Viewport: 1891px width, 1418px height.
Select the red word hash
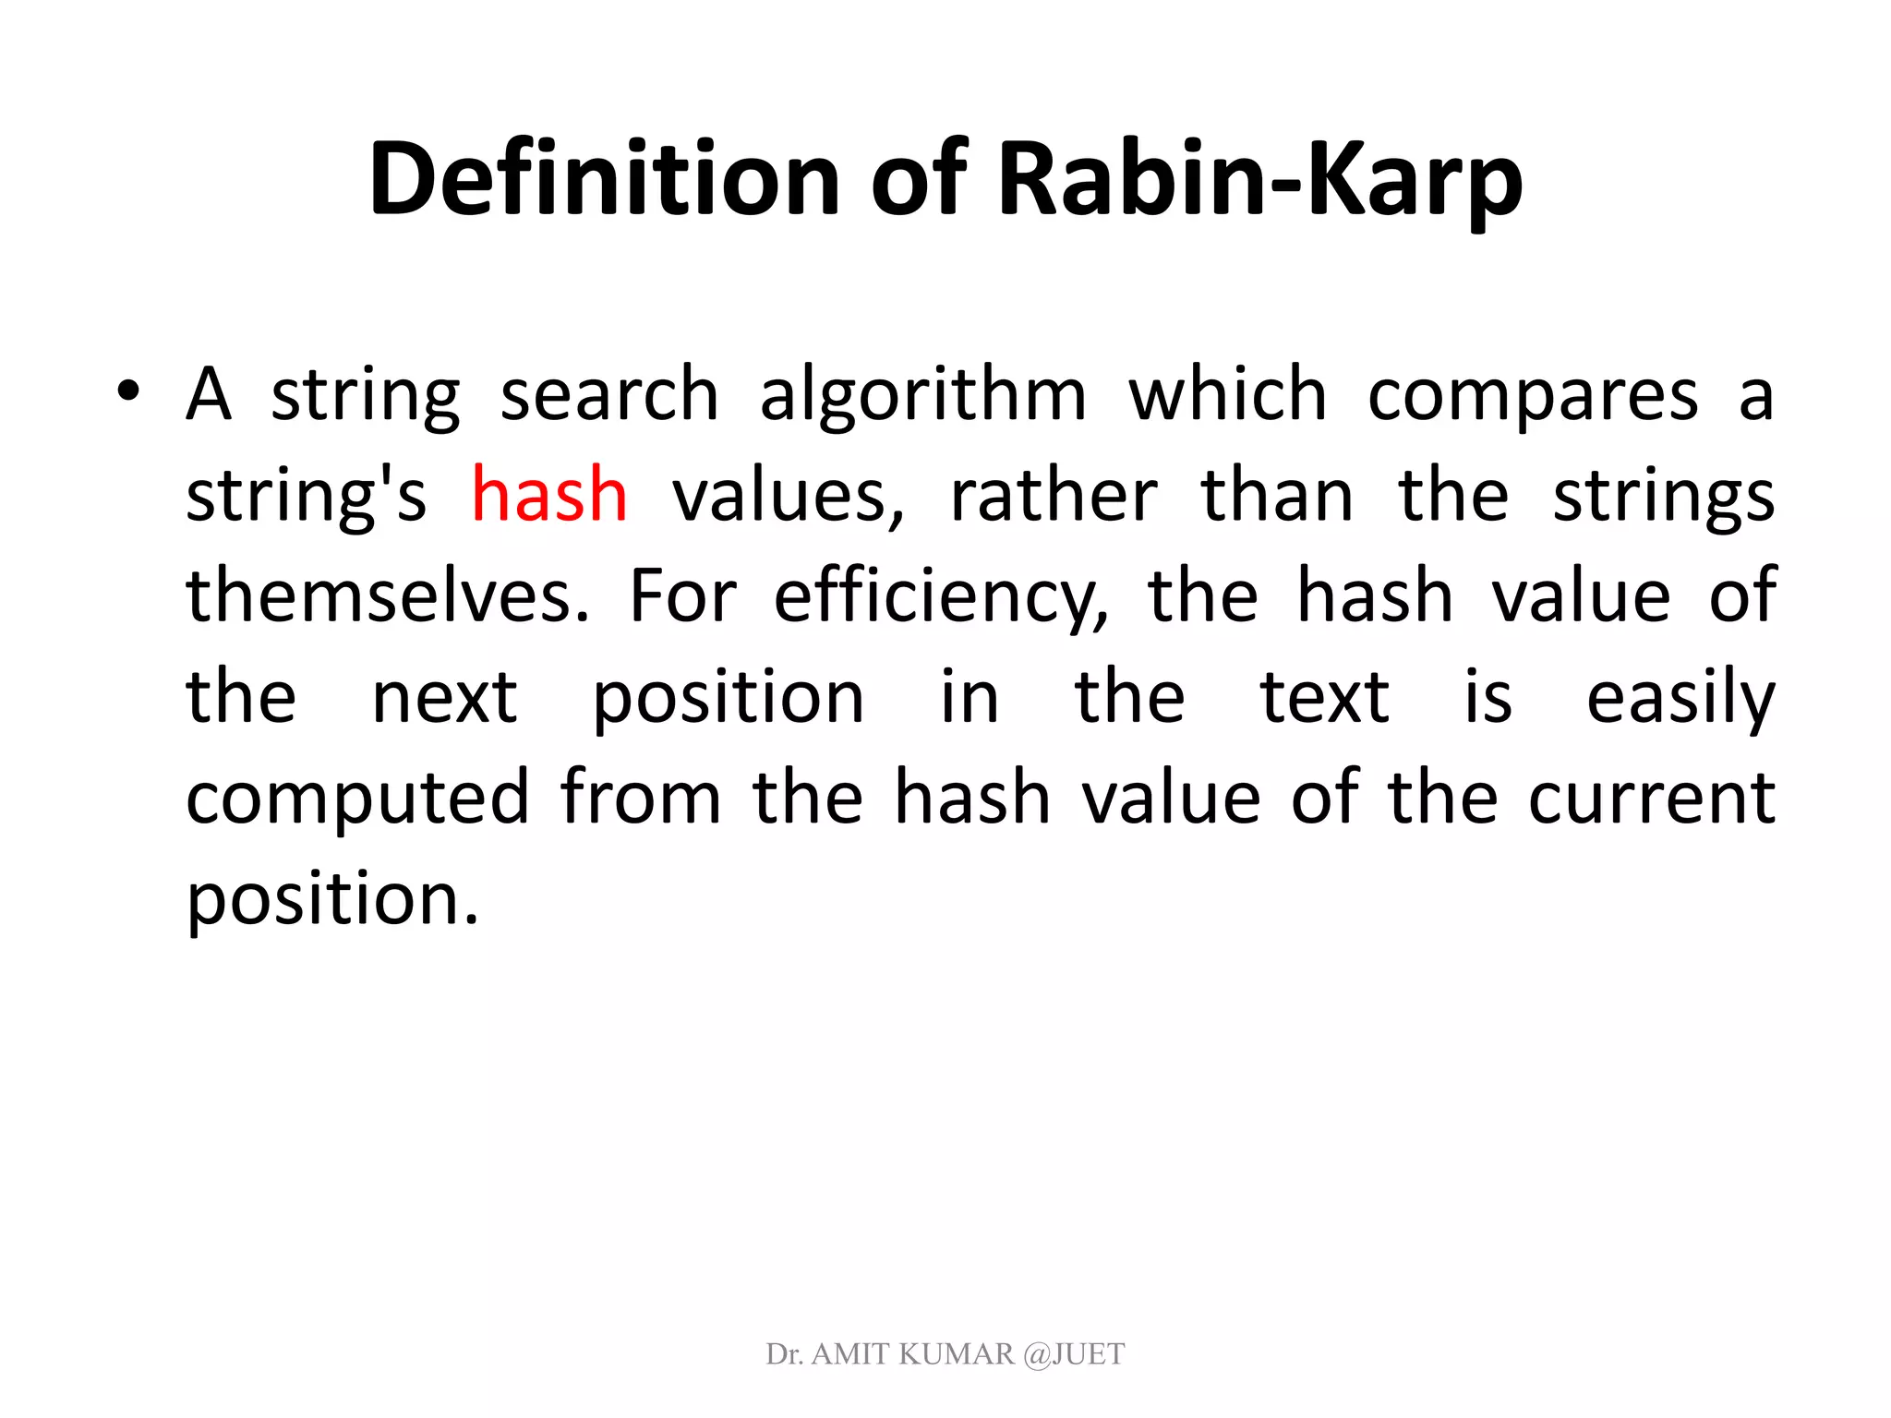point(549,495)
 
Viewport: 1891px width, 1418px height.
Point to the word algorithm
point(923,395)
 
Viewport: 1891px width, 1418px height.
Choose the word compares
point(1533,395)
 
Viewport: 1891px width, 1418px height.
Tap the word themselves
point(388,595)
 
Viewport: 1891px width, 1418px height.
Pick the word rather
point(1054,496)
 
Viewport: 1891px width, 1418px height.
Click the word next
point(444,697)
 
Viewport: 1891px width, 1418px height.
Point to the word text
point(1324,697)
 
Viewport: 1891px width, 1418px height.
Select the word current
point(1652,798)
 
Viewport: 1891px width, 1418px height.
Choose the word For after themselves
point(682,595)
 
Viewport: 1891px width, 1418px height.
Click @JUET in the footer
point(1074,1354)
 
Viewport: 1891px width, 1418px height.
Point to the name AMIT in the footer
point(850,1354)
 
